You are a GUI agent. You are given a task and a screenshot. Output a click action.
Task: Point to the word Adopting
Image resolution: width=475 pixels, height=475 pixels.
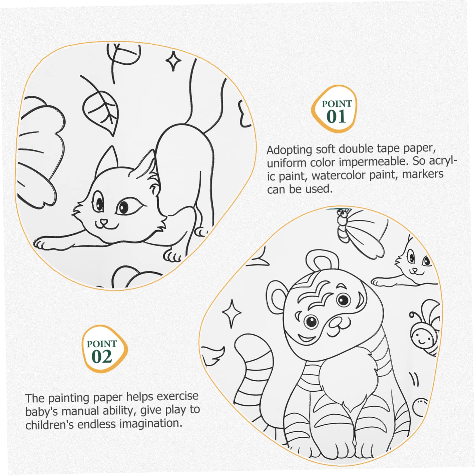click(x=289, y=150)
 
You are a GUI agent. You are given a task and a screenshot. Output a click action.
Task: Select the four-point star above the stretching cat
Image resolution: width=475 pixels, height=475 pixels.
click(x=174, y=61)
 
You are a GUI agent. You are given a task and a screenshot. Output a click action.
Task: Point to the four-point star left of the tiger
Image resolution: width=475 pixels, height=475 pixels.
click(x=232, y=313)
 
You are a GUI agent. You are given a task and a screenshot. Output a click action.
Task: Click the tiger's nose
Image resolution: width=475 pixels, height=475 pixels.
click(x=337, y=322)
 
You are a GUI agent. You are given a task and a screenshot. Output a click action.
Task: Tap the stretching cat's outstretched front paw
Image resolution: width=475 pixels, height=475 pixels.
click(x=44, y=243)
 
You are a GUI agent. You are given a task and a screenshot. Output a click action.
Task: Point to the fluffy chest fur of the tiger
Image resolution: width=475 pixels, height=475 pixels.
click(x=344, y=379)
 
